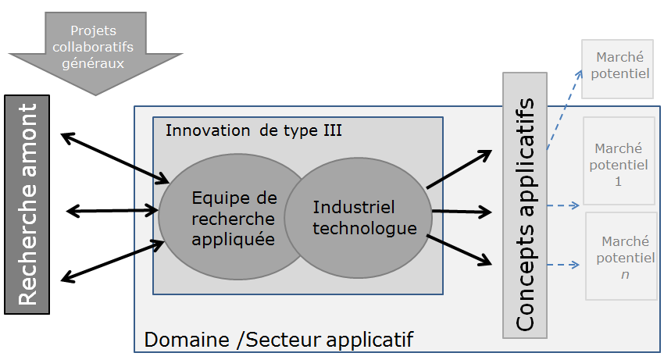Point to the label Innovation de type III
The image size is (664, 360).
(253, 130)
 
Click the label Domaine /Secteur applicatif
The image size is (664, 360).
(278, 340)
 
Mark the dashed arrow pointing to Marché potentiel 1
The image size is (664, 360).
(562, 206)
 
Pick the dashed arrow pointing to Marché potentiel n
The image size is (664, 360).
(562, 266)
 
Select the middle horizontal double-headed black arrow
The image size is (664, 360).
(113, 210)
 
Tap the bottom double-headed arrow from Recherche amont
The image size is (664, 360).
(114, 261)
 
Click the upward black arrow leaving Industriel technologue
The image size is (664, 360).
(459, 169)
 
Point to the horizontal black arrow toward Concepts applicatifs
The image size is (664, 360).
(461, 212)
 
